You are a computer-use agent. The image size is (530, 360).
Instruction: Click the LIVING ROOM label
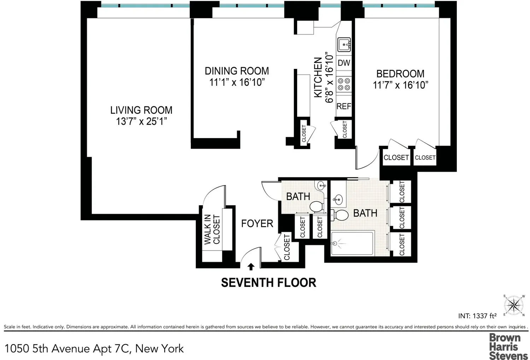pos(141,110)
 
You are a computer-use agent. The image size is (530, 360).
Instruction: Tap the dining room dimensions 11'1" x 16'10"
pos(237,83)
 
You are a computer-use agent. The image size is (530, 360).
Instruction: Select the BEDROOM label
pos(400,74)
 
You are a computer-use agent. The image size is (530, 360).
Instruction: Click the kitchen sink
pos(344,45)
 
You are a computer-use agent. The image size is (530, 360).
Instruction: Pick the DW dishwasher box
pos(344,63)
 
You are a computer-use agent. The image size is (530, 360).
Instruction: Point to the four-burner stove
pos(344,84)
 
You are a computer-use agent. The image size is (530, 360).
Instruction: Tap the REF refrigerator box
pos(344,106)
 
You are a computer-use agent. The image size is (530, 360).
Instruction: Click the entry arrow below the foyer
pos(251,267)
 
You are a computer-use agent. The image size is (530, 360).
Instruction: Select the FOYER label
pos(257,224)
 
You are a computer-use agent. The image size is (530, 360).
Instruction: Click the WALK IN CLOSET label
pos(212,229)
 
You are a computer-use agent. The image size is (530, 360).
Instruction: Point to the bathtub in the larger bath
pos(352,243)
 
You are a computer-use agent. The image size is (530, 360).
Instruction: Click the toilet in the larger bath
pos(340,215)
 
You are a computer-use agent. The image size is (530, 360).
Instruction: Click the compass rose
pos(514,305)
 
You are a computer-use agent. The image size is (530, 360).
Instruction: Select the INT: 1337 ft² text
pos(477,316)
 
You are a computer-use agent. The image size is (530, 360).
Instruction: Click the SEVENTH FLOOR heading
pos(269,283)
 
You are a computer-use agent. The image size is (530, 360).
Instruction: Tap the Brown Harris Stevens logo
pos(508,346)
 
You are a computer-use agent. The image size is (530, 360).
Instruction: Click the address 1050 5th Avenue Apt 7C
pos(68,348)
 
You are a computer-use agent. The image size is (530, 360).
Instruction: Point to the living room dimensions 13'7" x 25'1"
pos(141,122)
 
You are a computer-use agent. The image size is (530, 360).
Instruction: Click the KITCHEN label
pos(318,77)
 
